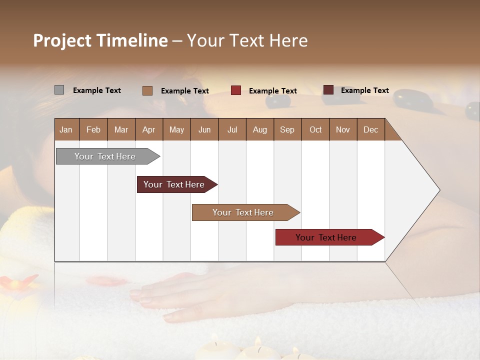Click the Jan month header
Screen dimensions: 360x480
tap(66, 129)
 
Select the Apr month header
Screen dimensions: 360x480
tap(148, 129)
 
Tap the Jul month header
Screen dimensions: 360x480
tap(232, 129)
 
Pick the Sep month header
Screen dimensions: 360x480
tap(287, 129)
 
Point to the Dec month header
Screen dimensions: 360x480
tap(370, 129)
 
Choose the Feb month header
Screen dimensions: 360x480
tap(93, 129)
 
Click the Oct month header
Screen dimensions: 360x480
tap(315, 129)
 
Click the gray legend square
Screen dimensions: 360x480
tap(59, 90)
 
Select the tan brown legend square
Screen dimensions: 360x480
tap(147, 90)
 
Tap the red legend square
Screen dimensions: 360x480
tap(236, 90)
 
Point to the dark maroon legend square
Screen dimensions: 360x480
tap(328, 90)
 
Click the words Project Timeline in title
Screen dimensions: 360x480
tap(100, 40)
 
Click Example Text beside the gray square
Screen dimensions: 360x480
tap(97, 90)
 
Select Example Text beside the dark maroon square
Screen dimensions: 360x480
tap(365, 90)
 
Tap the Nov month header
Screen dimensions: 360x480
tap(343, 129)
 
